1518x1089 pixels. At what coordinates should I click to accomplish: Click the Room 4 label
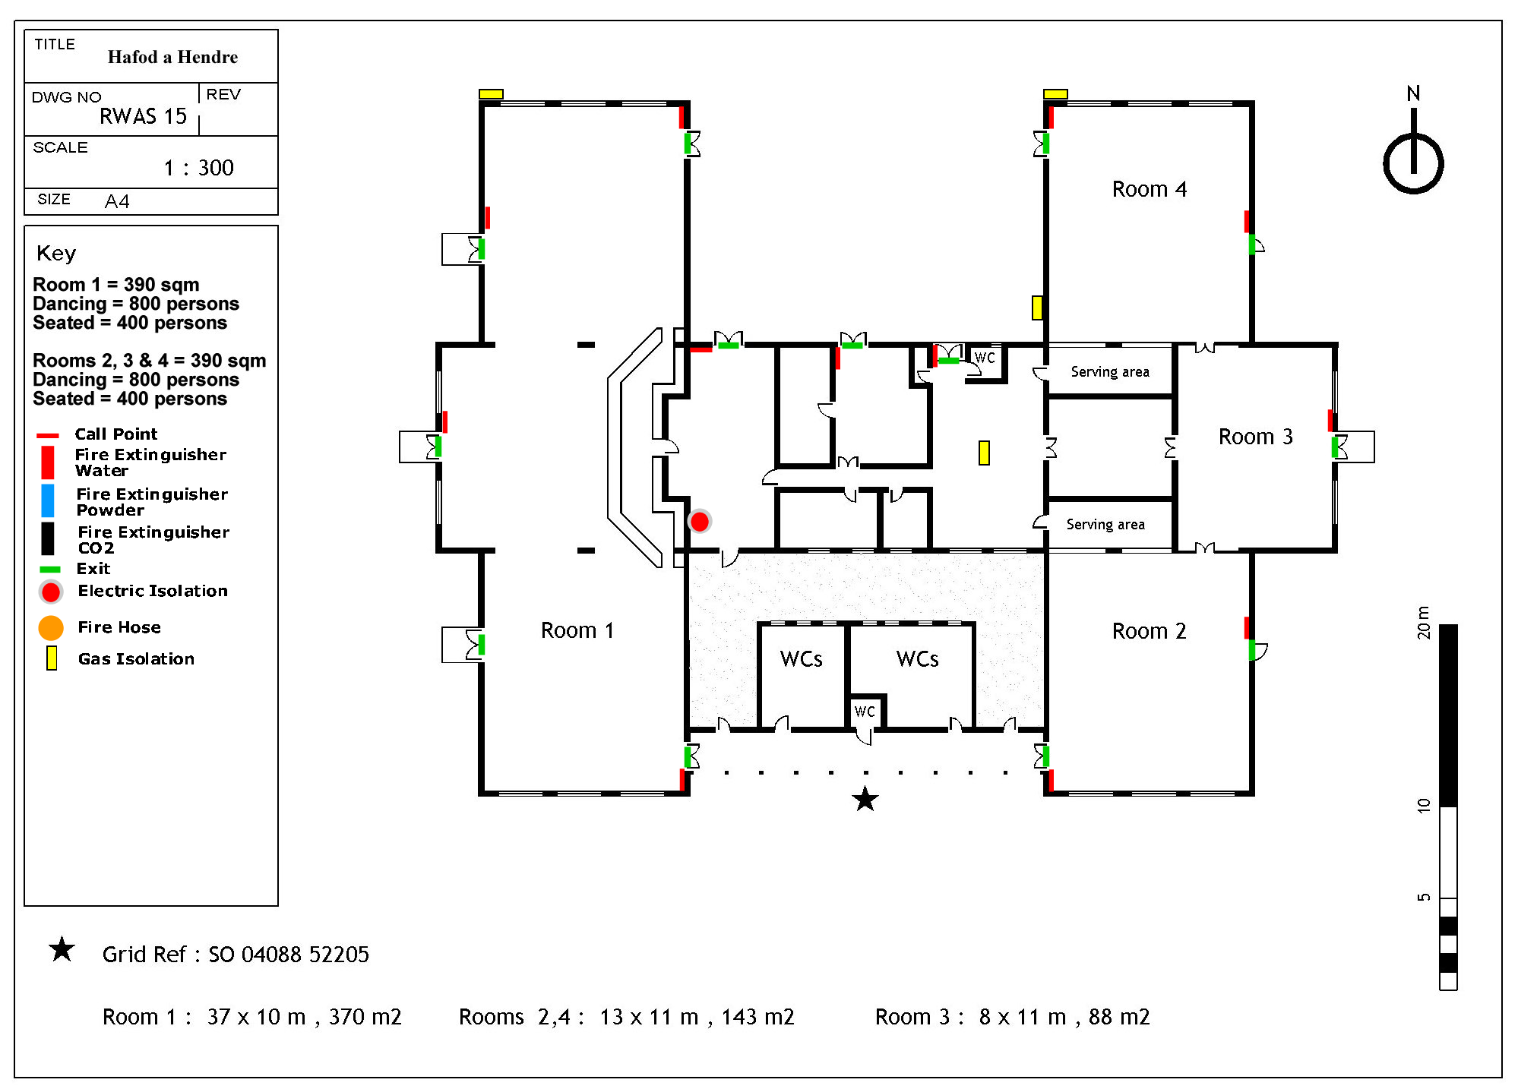(1148, 189)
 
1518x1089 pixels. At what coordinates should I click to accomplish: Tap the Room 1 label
(577, 630)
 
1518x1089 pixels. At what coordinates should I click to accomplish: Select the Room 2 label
(1148, 631)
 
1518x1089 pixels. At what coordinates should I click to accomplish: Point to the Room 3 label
(1254, 437)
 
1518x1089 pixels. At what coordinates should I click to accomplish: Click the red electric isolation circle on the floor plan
(699, 522)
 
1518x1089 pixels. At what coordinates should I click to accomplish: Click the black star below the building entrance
(865, 799)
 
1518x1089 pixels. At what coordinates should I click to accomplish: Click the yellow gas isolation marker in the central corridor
(984, 453)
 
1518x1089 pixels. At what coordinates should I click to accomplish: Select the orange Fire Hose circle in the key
(51, 627)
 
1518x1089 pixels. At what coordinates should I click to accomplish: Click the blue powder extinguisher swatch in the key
(48, 501)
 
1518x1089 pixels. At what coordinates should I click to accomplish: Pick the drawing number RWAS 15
(143, 116)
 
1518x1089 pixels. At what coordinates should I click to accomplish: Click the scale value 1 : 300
(198, 168)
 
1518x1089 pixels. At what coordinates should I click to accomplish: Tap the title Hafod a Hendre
(172, 57)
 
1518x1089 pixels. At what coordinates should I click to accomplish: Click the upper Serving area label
(1109, 371)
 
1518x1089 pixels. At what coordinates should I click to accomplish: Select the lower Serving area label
(1105, 524)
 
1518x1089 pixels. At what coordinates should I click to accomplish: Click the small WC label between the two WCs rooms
(865, 712)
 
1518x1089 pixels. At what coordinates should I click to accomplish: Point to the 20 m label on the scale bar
(1423, 623)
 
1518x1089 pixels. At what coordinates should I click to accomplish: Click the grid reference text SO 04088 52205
(289, 955)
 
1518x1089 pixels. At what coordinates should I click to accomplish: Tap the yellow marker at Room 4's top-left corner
(1055, 94)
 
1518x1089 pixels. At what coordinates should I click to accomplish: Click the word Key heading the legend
(56, 253)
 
